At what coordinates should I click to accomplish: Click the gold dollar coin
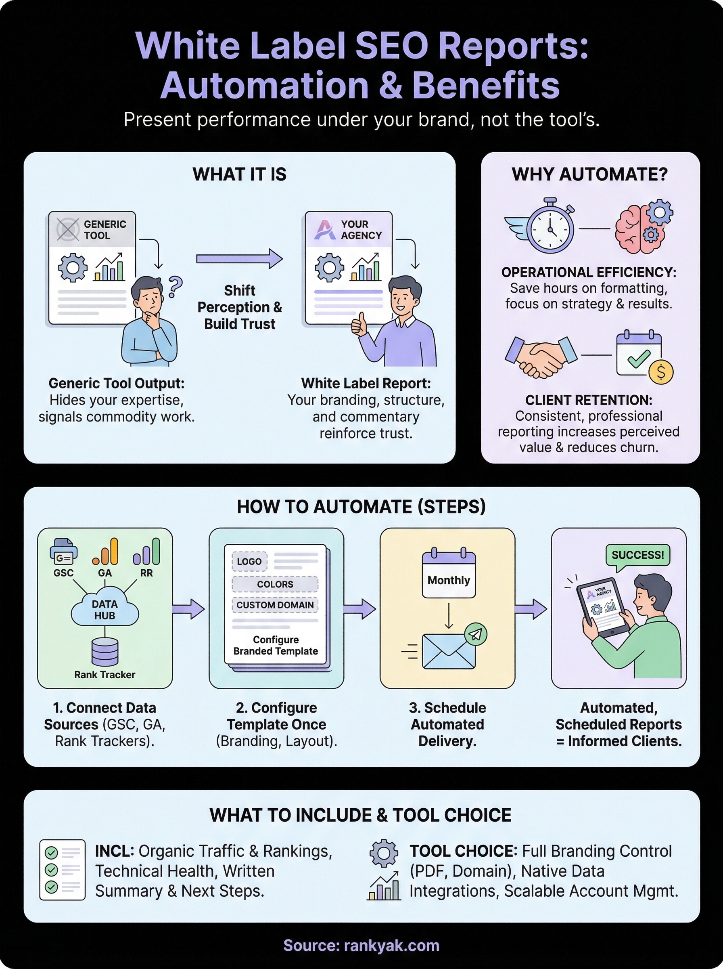point(661,372)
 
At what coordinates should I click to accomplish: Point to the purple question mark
point(175,287)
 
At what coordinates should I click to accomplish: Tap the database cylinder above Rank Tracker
point(104,651)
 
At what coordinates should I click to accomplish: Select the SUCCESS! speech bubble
point(637,555)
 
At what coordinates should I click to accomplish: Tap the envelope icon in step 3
point(449,652)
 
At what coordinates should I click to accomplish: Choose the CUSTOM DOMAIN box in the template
point(275,605)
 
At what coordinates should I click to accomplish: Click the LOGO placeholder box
point(249,561)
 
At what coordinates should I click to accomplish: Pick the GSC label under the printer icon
point(63,573)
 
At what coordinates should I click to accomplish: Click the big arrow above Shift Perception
point(239,259)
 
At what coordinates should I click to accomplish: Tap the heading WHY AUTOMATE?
point(589,174)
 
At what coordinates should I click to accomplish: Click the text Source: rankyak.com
point(361,945)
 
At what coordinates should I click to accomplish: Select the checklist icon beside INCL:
point(62,870)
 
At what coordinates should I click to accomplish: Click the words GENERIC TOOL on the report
point(104,229)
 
